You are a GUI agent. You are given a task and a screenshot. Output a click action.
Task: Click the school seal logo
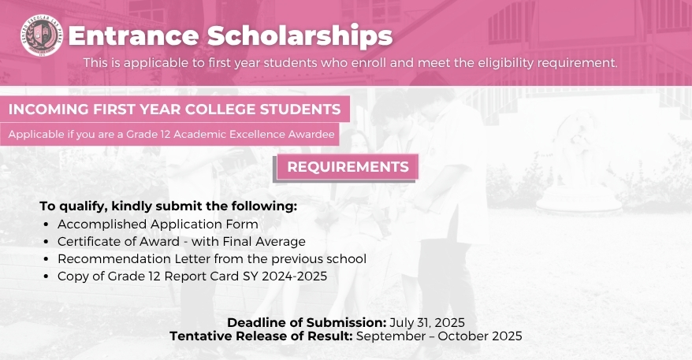point(42,35)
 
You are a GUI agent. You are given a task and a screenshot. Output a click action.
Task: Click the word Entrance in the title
point(134,35)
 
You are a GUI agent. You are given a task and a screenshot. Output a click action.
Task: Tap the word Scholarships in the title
point(299,35)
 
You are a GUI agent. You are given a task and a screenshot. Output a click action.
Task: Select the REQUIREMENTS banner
point(348,167)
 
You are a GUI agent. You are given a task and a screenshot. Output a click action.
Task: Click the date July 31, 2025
point(427,322)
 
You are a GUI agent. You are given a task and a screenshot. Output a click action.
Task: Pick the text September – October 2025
point(439,336)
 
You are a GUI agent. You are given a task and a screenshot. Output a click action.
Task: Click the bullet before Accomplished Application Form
point(46,225)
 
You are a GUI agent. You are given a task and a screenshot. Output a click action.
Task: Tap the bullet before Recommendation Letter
point(46,259)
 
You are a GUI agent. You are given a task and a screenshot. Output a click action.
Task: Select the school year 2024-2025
point(294,276)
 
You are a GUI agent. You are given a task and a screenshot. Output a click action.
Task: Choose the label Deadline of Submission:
point(307,322)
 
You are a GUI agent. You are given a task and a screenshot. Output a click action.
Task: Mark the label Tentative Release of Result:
point(261,336)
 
